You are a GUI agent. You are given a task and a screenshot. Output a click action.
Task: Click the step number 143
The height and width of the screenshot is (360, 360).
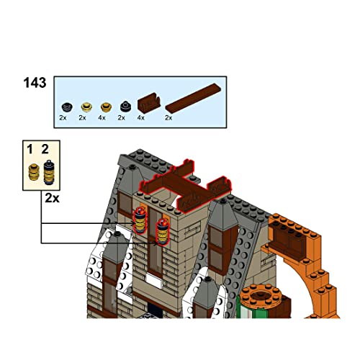pyautogui.click(x=35, y=83)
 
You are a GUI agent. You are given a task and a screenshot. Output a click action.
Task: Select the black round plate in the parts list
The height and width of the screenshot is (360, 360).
pyautogui.click(x=67, y=107)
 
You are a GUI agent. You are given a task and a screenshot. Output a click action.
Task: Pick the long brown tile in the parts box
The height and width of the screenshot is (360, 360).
pyautogui.click(x=193, y=99)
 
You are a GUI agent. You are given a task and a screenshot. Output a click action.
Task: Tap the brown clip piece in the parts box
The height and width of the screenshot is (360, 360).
pyautogui.click(x=149, y=102)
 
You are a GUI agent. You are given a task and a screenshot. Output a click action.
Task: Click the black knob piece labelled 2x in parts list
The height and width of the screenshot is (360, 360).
pyautogui.click(x=126, y=107)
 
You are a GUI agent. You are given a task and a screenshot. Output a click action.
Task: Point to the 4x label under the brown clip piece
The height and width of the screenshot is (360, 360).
pyautogui.click(x=141, y=118)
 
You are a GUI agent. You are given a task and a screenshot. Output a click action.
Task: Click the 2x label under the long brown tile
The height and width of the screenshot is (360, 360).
pyautogui.click(x=168, y=118)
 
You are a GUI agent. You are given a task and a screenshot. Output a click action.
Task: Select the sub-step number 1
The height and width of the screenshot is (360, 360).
pyautogui.click(x=30, y=150)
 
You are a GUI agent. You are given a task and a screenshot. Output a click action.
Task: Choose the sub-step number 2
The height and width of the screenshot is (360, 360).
pyautogui.click(x=45, y=149)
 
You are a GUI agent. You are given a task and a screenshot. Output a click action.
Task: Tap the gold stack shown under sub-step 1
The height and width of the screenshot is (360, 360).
pyautogui.click(x=34, y=172)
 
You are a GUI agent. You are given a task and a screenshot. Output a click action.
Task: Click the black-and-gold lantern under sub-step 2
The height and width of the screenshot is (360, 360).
pyautogui.click(x=49, y=172)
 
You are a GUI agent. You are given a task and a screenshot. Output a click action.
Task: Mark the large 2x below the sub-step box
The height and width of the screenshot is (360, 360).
pyautogui.click(x=52, y=198)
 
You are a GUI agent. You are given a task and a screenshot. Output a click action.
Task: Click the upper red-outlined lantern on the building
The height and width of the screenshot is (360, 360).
pyautogui.click(x=140, y=220)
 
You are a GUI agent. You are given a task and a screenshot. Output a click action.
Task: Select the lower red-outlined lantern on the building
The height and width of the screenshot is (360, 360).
pyautogui.click(x=163, y=232)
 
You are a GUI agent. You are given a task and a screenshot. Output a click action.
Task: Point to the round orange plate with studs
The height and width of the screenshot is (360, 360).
pyautogui.click(x=261, y=295)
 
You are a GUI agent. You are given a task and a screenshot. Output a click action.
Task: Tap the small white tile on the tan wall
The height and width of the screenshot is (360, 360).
pyautogui.click(x=154, y=282)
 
